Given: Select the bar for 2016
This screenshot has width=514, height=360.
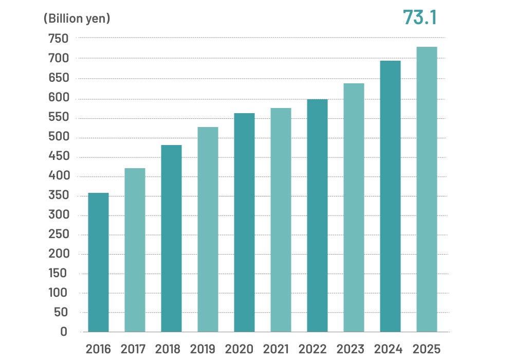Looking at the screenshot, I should (x=98, y=262).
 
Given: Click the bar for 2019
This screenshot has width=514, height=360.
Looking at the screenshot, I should (x=208, y=229).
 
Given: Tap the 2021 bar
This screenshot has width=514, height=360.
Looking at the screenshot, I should (x=281, y=220).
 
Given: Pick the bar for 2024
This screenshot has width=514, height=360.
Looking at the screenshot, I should (x=390, y=196).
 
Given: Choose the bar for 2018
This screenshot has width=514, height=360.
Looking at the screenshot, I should (x=171, y=238).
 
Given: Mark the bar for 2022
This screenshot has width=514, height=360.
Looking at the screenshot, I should (x=317, y=215).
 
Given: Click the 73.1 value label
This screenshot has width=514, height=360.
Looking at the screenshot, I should (x=419, y=17).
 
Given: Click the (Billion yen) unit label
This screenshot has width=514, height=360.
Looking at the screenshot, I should (x=77, y=19).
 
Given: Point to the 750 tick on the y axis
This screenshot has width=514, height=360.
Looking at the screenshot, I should (x=58, y=39).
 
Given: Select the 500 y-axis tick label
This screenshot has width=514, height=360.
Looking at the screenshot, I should (x=58, y=138).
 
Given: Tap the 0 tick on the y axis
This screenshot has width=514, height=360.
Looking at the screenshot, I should (x=63, y=332).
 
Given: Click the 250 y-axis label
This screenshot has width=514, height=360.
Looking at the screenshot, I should (x=58, y=235).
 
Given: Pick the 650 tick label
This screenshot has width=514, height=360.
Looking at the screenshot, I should (x=58, y=78).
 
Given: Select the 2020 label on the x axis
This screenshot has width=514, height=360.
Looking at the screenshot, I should (x=244, y=349).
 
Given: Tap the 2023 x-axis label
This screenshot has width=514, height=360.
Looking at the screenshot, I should (x=354, y=349).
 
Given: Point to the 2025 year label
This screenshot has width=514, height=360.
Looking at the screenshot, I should (x=427, y=349).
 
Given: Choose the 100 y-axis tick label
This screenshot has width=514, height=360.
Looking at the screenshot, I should (x=58, y=293).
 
